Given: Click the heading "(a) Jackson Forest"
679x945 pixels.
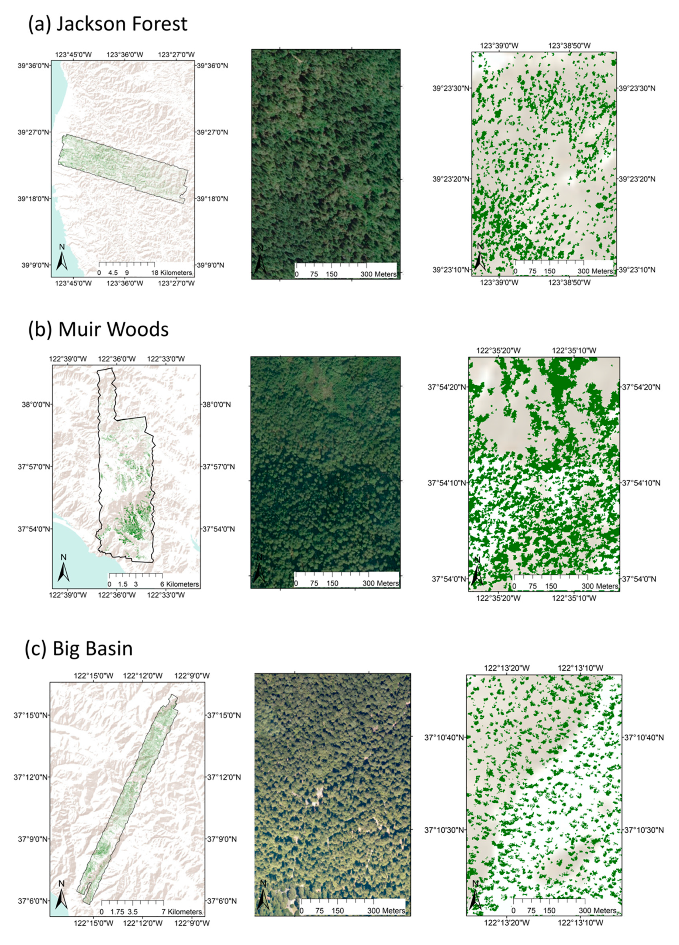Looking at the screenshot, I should pyautogui.click(x=107, y=24).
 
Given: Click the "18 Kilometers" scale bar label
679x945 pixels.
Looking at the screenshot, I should pyautogui.click(x=172, y=273).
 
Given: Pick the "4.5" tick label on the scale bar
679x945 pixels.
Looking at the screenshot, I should pyautogui.click(x=113, y=273).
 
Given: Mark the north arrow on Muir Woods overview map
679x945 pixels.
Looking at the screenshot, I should pyautogui.click(x=63, y=568).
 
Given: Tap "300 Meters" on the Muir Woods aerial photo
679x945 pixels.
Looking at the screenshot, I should pyautogui.click(x=380, y=583).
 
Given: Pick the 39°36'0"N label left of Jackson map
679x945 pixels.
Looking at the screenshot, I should pyautogui.click(x=33, y=66).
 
